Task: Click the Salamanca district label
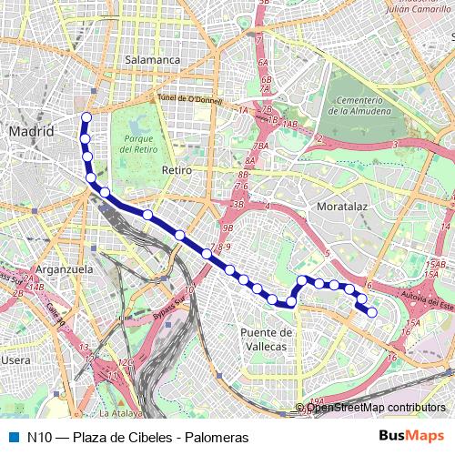(x=154, y=60)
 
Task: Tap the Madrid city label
(x=32, y=132)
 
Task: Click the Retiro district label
(x=177, y=170)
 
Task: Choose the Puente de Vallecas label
(x=266, y=339)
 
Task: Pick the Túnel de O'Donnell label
(x=186, y=98)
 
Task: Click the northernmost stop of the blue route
(x=86, y=116)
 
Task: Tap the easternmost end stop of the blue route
(x=371, y=312)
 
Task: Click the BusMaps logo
(x=412, y=437)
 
